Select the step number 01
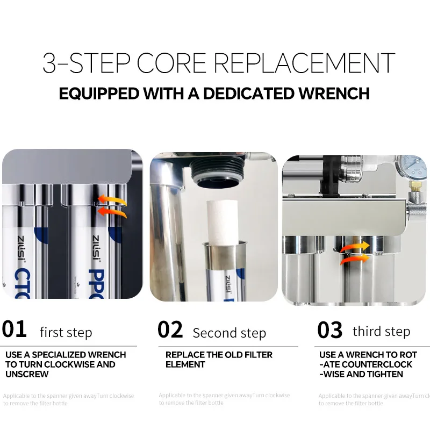click(15, 329)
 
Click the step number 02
click(170, 329)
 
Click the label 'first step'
click(66, 333)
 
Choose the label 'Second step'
click(229, 333)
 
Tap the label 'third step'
click(381, 331)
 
